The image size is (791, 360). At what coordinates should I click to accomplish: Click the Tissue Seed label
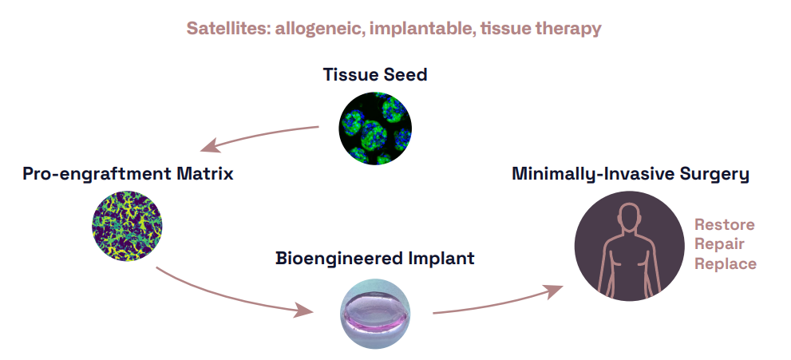point(375,75)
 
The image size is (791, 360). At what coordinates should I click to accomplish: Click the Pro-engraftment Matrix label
point(128,173)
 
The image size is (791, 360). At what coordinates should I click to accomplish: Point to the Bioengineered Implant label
point(375,259)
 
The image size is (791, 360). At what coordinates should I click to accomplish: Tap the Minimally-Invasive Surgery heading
point(631,173)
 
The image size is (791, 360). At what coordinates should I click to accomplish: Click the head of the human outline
point(631,217)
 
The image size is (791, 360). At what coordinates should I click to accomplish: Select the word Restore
point(724,224)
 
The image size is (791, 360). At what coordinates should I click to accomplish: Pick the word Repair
point(719,243)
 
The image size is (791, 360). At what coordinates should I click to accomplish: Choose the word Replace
point(725,263)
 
